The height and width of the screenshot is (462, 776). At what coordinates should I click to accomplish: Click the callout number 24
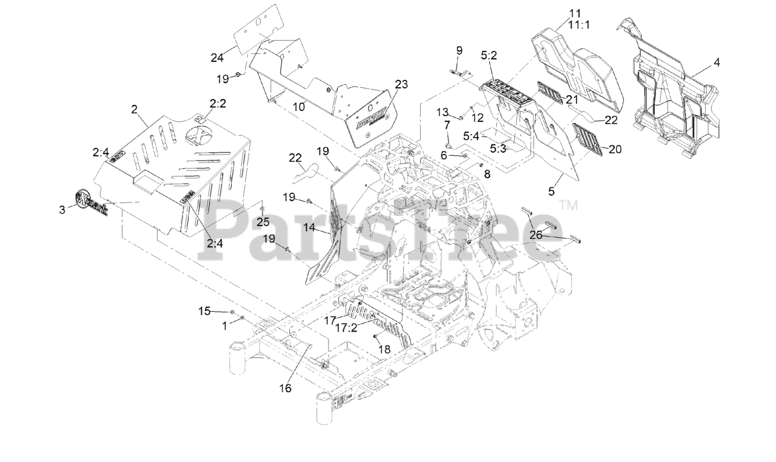click(x=217, y=58)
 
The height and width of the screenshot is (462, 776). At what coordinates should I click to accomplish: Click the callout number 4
click(x=717, y=62)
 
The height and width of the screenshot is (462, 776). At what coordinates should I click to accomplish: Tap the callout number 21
click(x=572, y=98)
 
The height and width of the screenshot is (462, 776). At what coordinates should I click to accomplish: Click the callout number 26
click(x=535, y=235)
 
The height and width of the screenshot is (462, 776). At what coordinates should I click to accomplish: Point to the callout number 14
click(x=309, y=228)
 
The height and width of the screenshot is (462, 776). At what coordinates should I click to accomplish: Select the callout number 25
click(x=263, y=221)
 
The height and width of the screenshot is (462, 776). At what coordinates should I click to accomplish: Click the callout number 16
click(x=285, y=388)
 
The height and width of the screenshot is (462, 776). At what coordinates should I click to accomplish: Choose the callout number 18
click(x=384, y=349)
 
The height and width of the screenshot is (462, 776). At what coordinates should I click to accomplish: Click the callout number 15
click(x=205, y=311)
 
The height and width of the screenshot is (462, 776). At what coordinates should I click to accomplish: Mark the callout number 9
click(x=459, y=50)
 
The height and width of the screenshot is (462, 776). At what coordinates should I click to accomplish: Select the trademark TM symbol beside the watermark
click(x=568, y=206)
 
